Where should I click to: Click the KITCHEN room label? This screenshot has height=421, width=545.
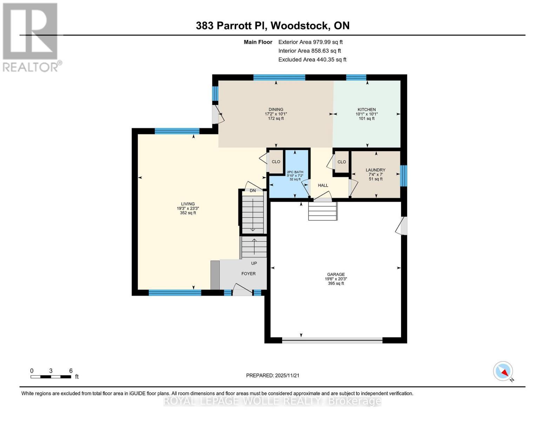366,109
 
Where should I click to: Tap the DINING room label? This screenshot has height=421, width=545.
276,109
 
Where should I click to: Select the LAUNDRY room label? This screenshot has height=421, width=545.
375,170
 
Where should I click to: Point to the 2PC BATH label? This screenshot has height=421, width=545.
295,172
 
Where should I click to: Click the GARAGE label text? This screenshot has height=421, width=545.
336,274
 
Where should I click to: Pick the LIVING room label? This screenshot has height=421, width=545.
188,204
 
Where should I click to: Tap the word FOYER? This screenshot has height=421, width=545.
248,274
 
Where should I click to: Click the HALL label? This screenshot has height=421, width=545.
323,185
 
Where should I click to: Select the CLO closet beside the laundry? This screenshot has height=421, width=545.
341,162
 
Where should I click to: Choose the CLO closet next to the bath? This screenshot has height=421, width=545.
276,162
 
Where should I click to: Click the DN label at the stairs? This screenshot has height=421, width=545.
253,191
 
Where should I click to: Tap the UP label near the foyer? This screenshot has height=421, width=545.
254,263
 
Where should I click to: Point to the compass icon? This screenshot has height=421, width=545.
503,371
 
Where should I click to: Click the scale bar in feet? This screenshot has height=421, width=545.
51,377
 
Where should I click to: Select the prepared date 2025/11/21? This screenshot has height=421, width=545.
273,375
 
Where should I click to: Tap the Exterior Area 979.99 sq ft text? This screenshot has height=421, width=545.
310,42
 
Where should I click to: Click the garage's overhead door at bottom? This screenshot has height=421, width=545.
332,340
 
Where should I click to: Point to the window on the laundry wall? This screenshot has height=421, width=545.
404,175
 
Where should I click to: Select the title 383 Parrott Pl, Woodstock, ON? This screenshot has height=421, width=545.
273,26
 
